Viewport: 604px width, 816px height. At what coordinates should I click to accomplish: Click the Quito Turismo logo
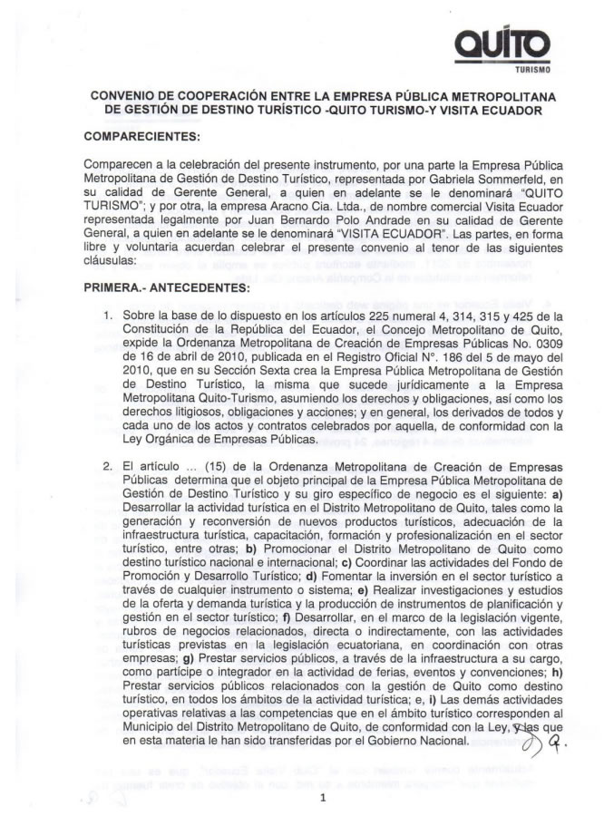512,44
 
